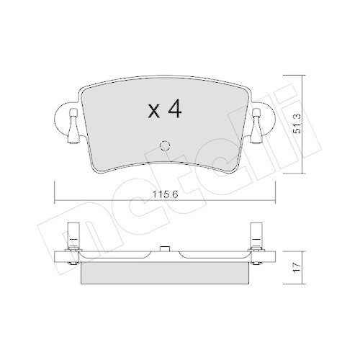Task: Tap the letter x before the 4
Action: click(x=153, y=112)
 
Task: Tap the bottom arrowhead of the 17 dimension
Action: click(x=303, y=281)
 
